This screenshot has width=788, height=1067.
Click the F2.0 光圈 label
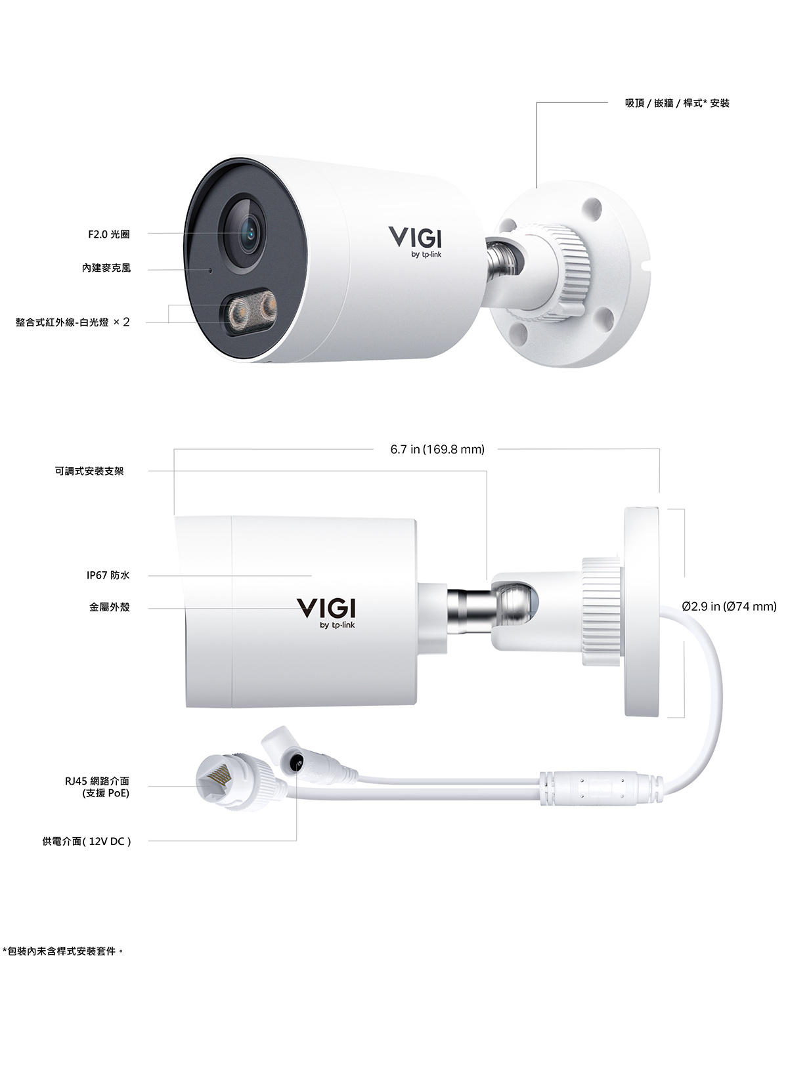(109, 234)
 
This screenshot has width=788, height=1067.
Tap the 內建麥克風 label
(106, 268)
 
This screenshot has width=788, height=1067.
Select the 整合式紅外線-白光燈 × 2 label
(72, 322)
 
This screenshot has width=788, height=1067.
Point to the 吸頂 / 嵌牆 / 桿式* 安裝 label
(677, 103)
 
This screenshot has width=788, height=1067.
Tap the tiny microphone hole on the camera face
(209, 271)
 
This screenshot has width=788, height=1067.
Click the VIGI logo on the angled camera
(414, 242)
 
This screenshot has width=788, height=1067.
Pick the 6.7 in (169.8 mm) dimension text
(437, 449)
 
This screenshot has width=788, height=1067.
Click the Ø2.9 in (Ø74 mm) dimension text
(730, 607)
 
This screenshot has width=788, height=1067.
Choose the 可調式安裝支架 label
(89, 471)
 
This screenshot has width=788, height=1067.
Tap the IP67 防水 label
(108, 575)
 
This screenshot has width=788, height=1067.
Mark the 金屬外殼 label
(109, 607)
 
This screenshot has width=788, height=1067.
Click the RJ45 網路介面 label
(97, 781)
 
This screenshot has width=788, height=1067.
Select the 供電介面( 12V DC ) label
(87, 841)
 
